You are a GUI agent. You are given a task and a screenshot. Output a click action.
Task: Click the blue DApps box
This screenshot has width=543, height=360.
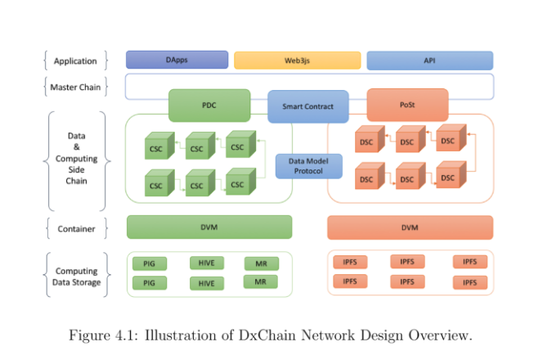(x=177, y=60)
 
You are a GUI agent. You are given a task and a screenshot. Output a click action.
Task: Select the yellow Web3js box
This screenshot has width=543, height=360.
(x=297, y=61)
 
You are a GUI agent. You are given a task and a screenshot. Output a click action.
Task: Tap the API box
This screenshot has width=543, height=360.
(x=429, y=61)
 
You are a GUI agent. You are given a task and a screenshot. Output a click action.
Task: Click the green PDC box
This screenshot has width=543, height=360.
(x=209, y=106)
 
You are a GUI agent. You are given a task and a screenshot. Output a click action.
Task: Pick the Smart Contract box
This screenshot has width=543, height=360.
(x=307, y=106)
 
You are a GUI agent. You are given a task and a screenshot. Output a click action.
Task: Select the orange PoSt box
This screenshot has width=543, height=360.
(x=406, y=105)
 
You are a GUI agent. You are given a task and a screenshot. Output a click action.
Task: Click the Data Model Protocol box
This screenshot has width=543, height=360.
(x=307, y=166)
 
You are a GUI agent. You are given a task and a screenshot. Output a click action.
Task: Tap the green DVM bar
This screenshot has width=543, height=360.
(x=209, y=227)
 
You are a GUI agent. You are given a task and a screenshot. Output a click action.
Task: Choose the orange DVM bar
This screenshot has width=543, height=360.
(x=410, y=227)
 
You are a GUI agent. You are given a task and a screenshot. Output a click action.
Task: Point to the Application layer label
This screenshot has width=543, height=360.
(x=75, y=61)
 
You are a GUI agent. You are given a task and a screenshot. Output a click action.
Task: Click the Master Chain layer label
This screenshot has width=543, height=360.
(x=75, y=87)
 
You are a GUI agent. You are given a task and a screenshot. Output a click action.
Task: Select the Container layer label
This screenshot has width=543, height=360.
(x=75, y=228)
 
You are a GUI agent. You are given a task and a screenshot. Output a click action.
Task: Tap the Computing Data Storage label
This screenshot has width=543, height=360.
(x=76, y=277)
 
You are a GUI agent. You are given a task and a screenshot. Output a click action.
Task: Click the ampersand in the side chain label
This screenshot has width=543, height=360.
(x=76, y=146)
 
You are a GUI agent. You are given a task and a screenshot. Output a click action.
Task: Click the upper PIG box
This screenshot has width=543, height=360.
(x=149, y=263)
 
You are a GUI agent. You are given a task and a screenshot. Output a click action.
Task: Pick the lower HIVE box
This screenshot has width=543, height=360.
(x=206, y=283)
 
